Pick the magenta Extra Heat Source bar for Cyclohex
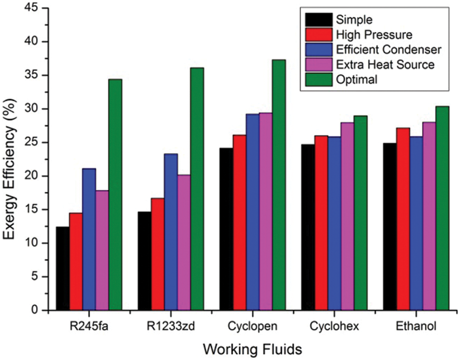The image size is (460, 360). click(347, 217)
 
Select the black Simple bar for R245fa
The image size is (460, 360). click(63, 268)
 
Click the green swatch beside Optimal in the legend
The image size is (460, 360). click(318, 79)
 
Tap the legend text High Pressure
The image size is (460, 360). click(375, 34)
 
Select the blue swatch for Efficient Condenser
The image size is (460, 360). click(318, 50)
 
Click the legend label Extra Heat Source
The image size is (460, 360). click(385, 64)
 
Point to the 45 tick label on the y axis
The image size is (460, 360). click(35, 8)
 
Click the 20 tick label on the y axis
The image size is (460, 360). click(35, 176)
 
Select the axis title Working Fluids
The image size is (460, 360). click(252, 350)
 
